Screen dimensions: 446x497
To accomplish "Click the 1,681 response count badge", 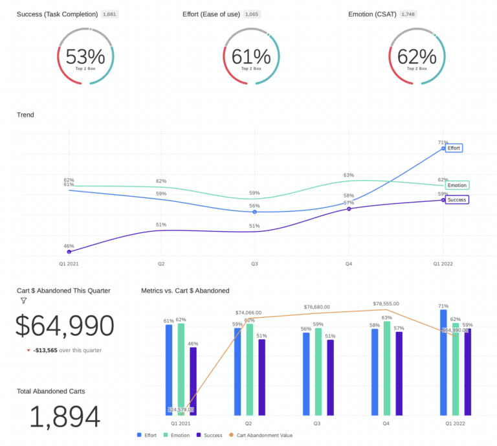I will [x=110, y=14].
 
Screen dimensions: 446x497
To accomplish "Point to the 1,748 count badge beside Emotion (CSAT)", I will [x=408, y=14].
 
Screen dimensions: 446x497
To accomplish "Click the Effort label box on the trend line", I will [x=454, y=148].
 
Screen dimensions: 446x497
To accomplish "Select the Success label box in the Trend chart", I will [x=456, y=200].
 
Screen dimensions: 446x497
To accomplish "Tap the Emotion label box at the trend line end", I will [x=457, y=185].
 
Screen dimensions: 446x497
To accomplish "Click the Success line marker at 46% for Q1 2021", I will [x=69, y=252].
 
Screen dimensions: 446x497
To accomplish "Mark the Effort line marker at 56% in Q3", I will [x=254, y=212].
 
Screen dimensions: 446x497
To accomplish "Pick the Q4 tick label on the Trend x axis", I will [x=349, y=264].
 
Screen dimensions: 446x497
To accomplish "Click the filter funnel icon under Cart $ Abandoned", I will [x=24, y=300].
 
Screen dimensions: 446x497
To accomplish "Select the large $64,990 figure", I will [x=65, y=326].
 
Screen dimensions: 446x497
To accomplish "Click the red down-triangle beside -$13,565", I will [x=28, y=350].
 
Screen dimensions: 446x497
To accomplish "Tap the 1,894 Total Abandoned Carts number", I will [x=65, y=418].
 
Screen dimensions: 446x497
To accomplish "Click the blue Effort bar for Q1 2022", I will [x=443, y=362].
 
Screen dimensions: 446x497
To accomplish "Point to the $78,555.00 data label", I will [x=386, y=304].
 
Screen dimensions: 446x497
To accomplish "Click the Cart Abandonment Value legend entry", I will [x=262, y=436].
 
